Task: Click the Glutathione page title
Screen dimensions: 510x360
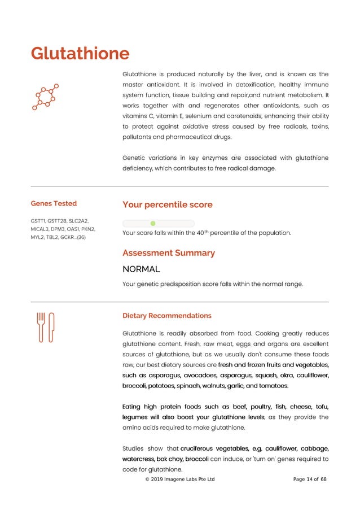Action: tap(80, 54)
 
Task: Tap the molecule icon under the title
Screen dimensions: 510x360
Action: tap(45, 97)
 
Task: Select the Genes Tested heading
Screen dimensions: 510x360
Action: tap(54, 203)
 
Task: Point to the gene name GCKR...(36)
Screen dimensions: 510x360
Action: tap(73, 237)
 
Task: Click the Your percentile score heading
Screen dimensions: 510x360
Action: tap(168, 204)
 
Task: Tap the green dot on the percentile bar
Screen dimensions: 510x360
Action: tap(153, 224)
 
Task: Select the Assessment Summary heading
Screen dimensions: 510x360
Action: tap(169, 253)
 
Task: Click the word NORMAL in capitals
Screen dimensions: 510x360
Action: tap(141, 269)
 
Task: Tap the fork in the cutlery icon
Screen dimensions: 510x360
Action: tap(41, 327)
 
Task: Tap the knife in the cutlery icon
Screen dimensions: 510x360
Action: tap(51, 327)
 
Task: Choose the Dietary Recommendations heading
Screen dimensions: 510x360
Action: tap(167, 316)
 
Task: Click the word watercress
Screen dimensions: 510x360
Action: tap(138, 459)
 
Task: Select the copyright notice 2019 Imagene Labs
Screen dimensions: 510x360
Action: tap(180, 480)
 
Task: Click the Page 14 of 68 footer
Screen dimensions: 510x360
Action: tap(310, 480)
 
